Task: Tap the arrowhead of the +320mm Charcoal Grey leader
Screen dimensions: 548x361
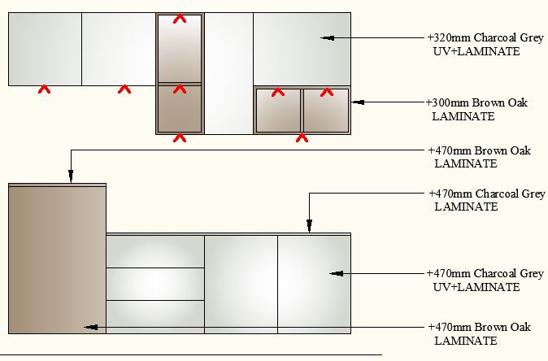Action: (327, 37)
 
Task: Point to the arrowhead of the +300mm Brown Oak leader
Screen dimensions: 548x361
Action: (359, 102)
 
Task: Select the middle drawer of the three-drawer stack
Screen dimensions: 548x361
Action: (155, 284)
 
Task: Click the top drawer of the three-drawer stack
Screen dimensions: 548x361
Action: (155, 251)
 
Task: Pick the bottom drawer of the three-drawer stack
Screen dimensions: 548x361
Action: (155, 316)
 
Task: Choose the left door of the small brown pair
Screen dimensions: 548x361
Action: (279, 111)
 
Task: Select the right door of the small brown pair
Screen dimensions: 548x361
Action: (326, 111)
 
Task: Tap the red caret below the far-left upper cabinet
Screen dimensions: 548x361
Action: (45, 89)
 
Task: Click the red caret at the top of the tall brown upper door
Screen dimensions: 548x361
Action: (180, 19)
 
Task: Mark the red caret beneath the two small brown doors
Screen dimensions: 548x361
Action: (302, 138)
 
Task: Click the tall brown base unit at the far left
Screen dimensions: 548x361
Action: (57, 259)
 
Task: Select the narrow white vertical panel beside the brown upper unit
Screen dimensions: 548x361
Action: (229, 73)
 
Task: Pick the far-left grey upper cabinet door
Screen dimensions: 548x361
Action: (45, 49)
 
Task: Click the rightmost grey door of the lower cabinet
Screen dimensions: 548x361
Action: (314, 284)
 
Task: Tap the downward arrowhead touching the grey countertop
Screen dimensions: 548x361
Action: (309, 225)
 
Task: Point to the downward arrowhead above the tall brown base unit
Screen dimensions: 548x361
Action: (71, 176)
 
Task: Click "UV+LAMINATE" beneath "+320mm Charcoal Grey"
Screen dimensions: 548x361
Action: (476, 51)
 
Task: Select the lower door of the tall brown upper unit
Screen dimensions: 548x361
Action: (180, 108)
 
